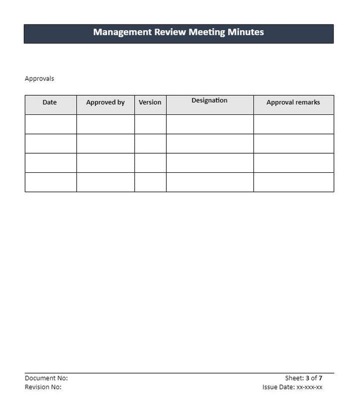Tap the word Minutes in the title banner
pyautogui.click(x=245, y=32)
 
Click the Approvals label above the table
pyautogui.click(x=39, y=78)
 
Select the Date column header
pyautogui.click(x=49, y=102)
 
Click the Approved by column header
pyautogui.click(x=105, y=102)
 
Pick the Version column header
pyautogui.click(x=150, y=102)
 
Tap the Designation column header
pyautogui.click(x=209, y=100)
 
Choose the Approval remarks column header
pyautogui.click(x=293, y=102)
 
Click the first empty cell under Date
pyautogui.click(x=50, y=124)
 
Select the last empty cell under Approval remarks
pyautogui.click(x=293, y=182)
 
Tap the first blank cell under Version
pyautogui.click(x=150, y=124)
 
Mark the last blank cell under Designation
pyautogui.click(x=209, y=182)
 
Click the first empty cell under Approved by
pyautogui.click(x=105, y=124)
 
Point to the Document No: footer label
pyautogui.click(x=46, y=378)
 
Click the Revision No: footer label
pyautogui.click(x=43, y=387)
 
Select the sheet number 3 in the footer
pyautogui.click(x=307, y=378)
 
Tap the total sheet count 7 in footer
pyautogui.click(x=320, y=378)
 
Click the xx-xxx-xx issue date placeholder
pyautogui.click(x=309, y=387)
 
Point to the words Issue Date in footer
pyautogui.click(x=278, y=387)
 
